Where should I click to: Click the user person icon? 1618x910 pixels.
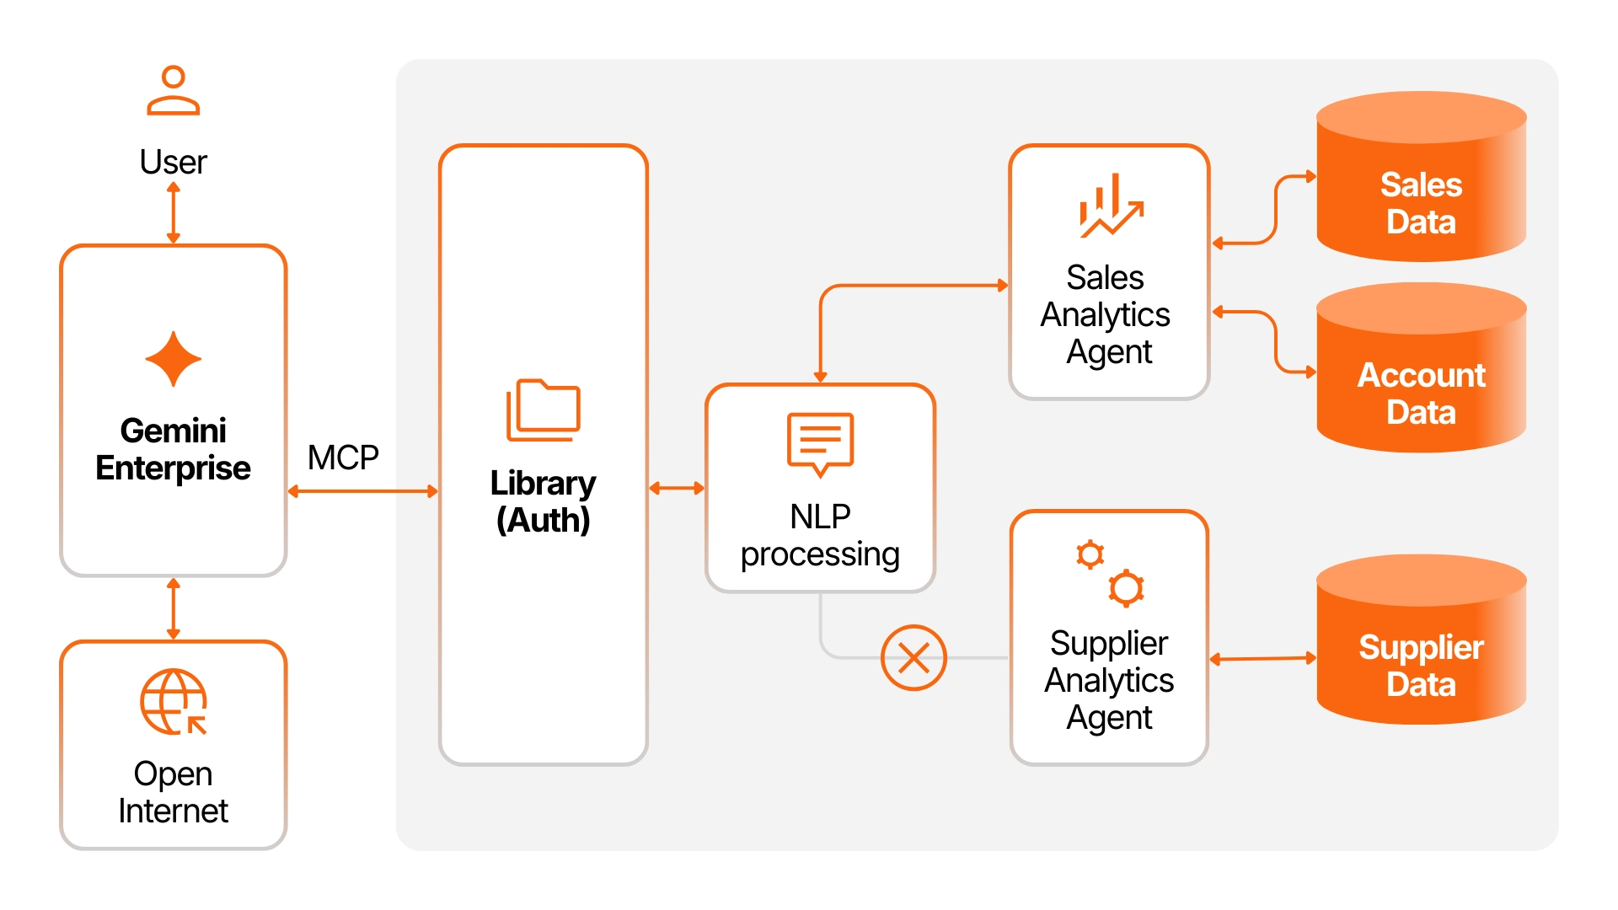coord(173,90)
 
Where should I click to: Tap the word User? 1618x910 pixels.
coord(173,162)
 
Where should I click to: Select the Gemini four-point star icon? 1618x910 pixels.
coord(173,359)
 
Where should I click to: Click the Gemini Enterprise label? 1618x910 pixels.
coord(173,449)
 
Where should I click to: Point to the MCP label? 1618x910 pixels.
coord(343,458)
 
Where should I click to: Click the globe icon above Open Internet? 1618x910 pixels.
coord(174,702)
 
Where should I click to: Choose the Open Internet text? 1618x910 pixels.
coord(173,792)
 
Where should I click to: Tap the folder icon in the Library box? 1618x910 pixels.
coord(544,410)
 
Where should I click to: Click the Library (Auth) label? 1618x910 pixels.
coord(544,501)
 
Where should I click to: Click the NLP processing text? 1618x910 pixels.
coord(820,535)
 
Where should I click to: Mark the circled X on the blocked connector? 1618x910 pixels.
coord(913,657)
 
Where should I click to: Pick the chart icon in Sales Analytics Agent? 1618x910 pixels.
coord(1111,206)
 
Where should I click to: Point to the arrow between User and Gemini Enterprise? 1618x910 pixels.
coord(174,213)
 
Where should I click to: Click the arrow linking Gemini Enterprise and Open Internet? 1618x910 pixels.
coord(174,608)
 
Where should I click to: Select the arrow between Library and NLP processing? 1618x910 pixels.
coord(677,488)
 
